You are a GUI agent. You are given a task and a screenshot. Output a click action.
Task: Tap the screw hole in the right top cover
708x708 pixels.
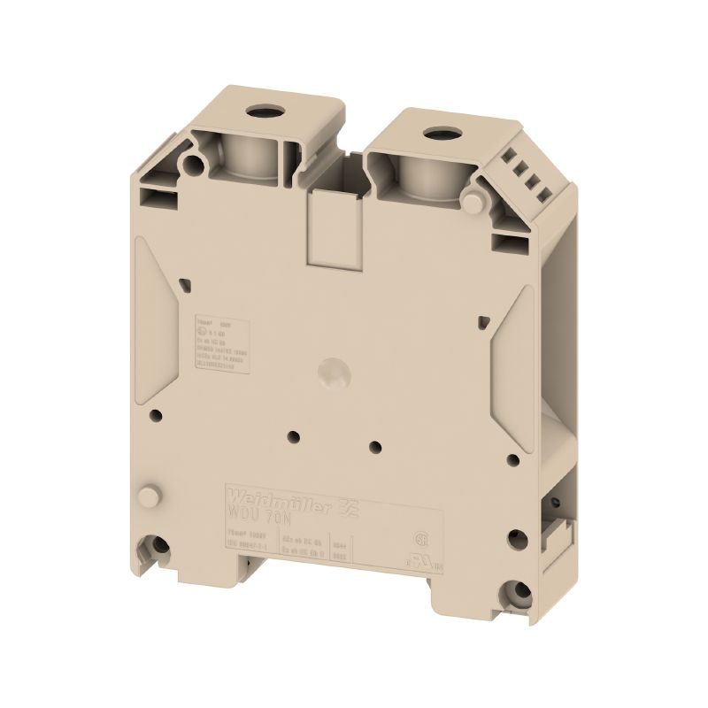click(435, 135)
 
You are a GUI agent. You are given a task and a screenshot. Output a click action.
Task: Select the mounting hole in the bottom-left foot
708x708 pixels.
click(159, 550)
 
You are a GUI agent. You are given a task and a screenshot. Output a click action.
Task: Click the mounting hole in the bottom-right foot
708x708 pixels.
click(513, 590)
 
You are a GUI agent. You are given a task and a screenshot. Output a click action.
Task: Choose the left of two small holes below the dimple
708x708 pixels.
click(292, 434)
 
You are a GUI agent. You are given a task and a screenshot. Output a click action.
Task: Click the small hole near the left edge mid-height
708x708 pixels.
click(156, 413)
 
